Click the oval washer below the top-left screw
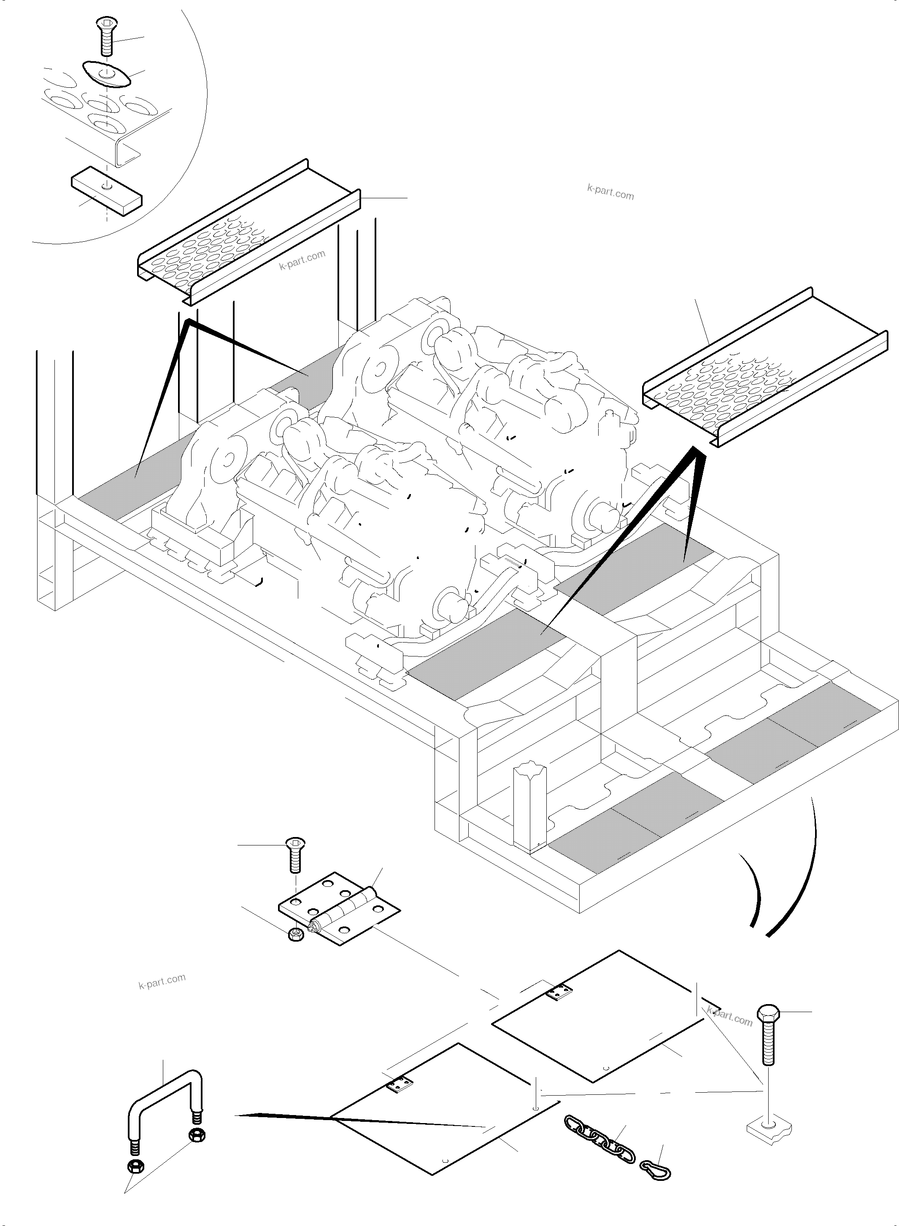(x=107, y=73)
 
